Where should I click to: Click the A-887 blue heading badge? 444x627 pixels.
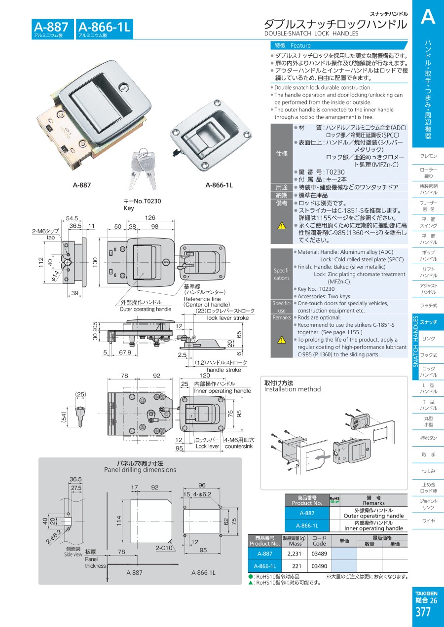pos(53,29)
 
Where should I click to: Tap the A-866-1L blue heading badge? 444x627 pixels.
pos(105,29)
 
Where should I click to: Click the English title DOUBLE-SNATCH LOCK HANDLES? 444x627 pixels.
pos(311,34)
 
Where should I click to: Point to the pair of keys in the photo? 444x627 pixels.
pos(142,169)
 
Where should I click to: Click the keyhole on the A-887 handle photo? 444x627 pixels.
pos(123,88)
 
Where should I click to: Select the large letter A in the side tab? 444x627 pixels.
pos(428,16)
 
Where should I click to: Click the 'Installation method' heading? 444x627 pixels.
pos(293,389)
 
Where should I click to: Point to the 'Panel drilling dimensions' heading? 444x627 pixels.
pos(140,470)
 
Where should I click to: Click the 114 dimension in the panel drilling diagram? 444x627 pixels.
pos(119,521)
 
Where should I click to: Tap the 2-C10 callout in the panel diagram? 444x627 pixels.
pos(164,548)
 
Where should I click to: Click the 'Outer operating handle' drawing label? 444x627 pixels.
pos(146,309)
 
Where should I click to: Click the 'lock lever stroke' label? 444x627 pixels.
pos(228,318)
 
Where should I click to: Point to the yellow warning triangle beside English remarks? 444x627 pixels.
pos(282,340)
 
